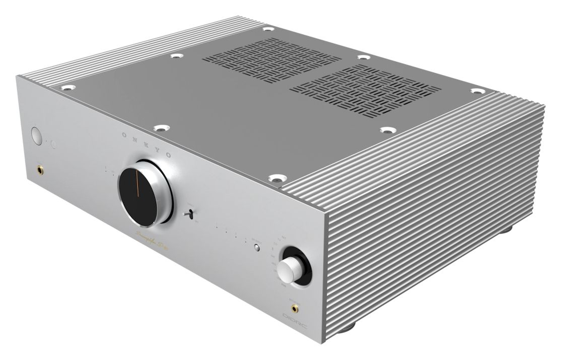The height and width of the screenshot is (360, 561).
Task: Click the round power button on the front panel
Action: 37,135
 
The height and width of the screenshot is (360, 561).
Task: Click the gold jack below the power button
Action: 39,171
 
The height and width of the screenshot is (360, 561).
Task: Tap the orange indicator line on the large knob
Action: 136,186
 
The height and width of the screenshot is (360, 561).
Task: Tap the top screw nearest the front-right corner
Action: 275,178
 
